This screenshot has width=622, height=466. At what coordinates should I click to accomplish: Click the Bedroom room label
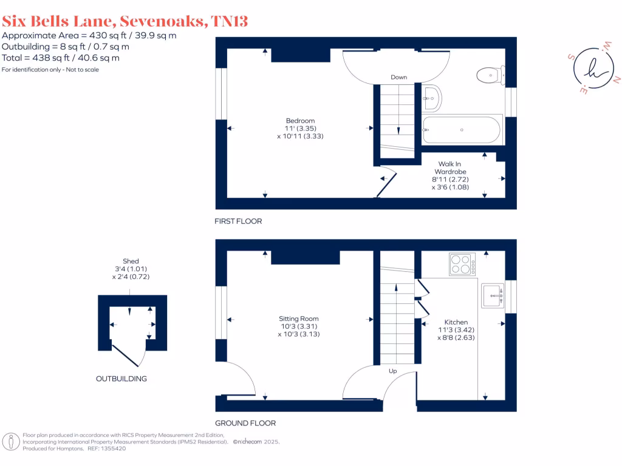pos(301,121)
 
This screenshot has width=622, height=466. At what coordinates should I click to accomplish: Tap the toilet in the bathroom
pos(490,75)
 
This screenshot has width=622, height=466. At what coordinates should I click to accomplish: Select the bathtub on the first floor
pos(462,130)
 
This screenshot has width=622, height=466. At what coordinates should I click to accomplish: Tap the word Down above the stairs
pos(398,77)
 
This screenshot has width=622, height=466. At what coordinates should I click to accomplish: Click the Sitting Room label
pos(299,319)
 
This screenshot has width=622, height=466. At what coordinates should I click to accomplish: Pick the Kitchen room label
pos(456,322)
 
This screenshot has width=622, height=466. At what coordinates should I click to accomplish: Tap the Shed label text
pos(131,262)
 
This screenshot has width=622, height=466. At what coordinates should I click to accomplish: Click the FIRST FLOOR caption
pos(238,221)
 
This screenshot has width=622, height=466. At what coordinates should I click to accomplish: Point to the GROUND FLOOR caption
pos(245,424)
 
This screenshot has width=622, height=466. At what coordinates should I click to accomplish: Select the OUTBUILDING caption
pos(121,379)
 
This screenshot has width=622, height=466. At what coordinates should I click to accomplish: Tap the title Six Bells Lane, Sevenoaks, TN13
pos(125,21)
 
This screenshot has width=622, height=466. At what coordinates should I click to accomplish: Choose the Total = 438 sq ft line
pos(61,58)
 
